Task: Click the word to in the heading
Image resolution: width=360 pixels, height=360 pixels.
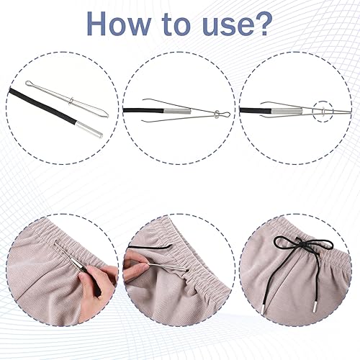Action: coord(176,25)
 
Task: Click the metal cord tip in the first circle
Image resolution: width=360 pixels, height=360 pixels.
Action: coord(89,129)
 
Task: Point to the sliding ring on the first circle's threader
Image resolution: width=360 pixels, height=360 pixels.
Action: coord(70,101)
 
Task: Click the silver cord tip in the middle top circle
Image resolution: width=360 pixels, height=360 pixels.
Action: coord(177,111)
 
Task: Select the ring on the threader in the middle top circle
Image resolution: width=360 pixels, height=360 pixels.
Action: coord(217,114)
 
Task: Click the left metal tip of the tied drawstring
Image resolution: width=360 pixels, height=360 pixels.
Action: coord(262,309)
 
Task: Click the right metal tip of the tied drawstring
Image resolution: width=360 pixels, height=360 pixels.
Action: coord(315,308)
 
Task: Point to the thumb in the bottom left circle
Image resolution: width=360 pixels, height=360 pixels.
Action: coord(86,272)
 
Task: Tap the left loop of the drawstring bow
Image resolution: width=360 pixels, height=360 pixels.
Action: coord(285,241)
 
